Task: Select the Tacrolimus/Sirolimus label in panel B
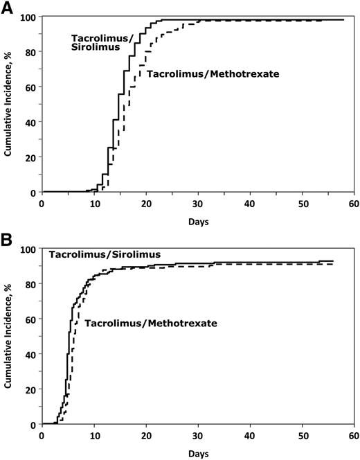tap(105, 256)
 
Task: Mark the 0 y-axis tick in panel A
tap(33, 192)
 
